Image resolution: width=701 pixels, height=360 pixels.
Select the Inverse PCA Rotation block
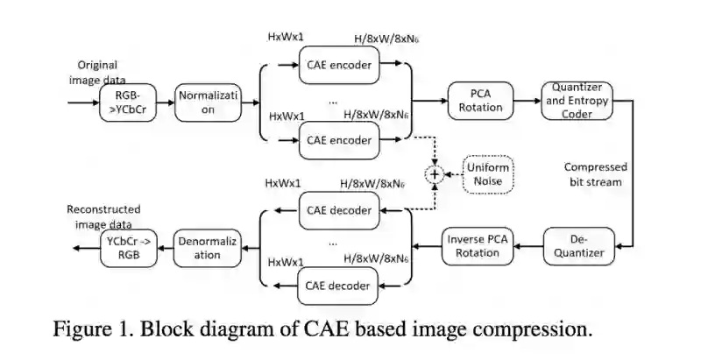(473, 246)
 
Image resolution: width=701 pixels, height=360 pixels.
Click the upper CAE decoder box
(341, 210)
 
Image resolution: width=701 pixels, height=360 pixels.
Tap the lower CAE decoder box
(341, 285)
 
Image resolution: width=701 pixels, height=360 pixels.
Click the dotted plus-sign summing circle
(434, 174)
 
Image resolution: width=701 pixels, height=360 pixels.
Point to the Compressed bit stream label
(593, 174)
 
